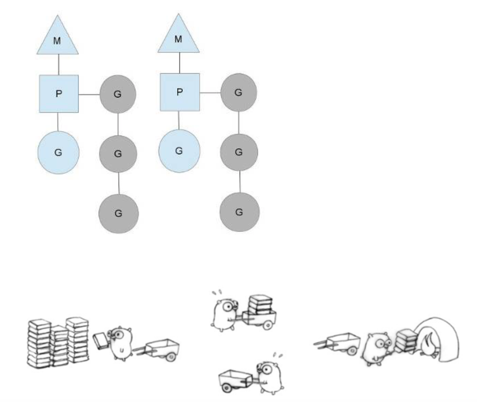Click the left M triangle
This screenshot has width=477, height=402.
click(57, 39)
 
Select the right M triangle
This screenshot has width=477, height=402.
click(178, 37)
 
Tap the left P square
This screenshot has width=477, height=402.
click(59, 94)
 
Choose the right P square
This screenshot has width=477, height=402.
click(180, 92)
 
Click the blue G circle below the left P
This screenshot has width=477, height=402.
click(59, 152)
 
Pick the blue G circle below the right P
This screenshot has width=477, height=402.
click(179, 151)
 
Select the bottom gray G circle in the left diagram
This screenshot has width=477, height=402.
click(118, 214)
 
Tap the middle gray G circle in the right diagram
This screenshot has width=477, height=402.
click(239, 152)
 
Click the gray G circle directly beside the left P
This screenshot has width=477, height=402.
click(118, 94)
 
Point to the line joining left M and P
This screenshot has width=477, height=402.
click(59, 65)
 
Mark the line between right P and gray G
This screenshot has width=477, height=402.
click(210, 93)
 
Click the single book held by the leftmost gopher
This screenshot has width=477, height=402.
click(101, 341)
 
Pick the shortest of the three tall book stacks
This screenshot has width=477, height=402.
click(59, 346)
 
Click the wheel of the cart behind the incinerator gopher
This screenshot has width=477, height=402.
click(352, 350)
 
